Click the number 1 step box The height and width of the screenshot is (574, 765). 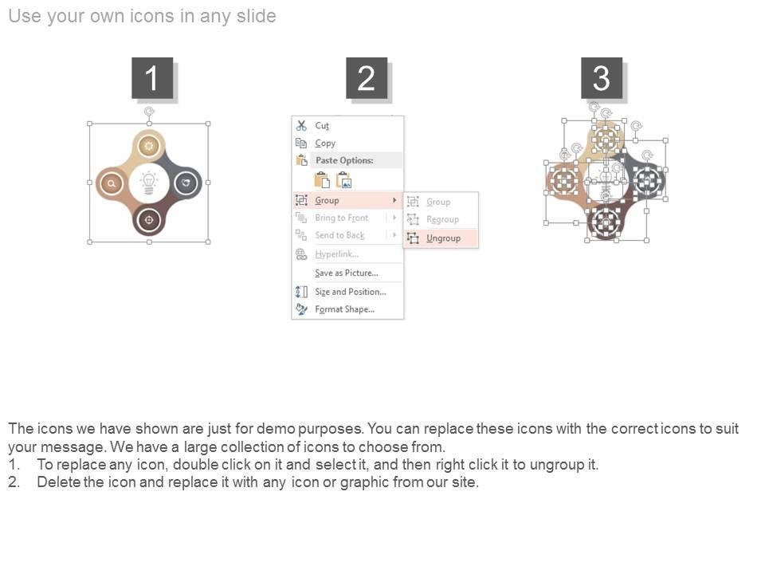tap(152, 78)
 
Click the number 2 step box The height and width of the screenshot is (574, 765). tap(367, 78)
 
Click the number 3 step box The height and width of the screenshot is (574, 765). tap(602, 78)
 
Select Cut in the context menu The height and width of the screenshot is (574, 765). tap(322, 125)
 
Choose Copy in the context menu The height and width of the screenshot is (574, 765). tap(325, 143)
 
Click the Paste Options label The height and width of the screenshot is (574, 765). tap(344, 160)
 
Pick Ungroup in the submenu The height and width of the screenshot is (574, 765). tap(443, 238)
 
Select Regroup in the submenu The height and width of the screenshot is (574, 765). tap(442, 220)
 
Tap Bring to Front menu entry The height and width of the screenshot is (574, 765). tap(342, 218)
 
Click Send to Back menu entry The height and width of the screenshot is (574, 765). tap(339, 235)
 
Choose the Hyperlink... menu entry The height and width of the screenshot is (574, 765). tap(336, 254)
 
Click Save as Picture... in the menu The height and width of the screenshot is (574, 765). tap(347, 273)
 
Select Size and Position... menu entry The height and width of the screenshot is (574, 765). tap(351, 292)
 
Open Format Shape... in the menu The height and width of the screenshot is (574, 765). tap(344, 309)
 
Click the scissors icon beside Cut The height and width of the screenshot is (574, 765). tap(301, 125)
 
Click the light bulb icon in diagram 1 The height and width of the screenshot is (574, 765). tap(149, 183)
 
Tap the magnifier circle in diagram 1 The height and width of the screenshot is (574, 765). tap(112, 183)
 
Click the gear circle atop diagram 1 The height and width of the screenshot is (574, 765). tap(149, 145)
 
